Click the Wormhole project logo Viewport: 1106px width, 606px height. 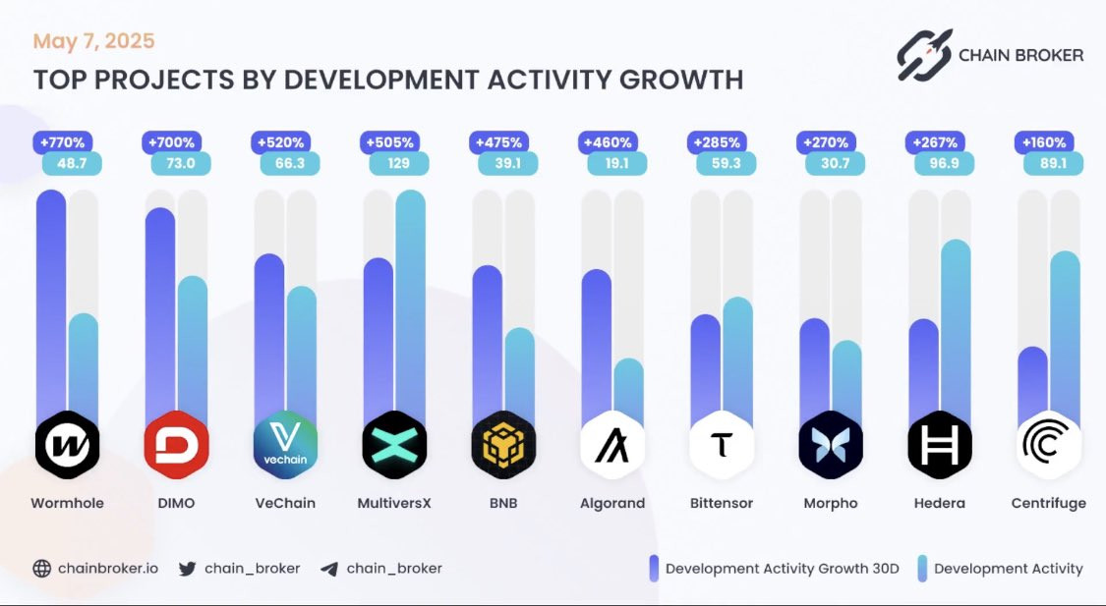[x=67, y=445]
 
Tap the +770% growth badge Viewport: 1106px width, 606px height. [x=62, y=141]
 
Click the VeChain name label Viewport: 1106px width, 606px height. [x=284, y=503]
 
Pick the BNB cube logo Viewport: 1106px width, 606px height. [x=502, y=445]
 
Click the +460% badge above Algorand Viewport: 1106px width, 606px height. [x=609, y=141]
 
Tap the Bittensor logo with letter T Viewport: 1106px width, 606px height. [x=722, y=445]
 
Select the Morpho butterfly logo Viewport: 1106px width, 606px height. [x=831, y=445]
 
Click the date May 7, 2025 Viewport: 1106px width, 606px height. [x=93, y=41]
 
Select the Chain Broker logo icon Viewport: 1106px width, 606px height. [x=924, y=54]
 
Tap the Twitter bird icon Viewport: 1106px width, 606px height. [x=188, y=568]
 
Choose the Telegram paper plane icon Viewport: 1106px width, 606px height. [x=329, y=568]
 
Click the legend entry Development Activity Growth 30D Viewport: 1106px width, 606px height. [x=782, y=568]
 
